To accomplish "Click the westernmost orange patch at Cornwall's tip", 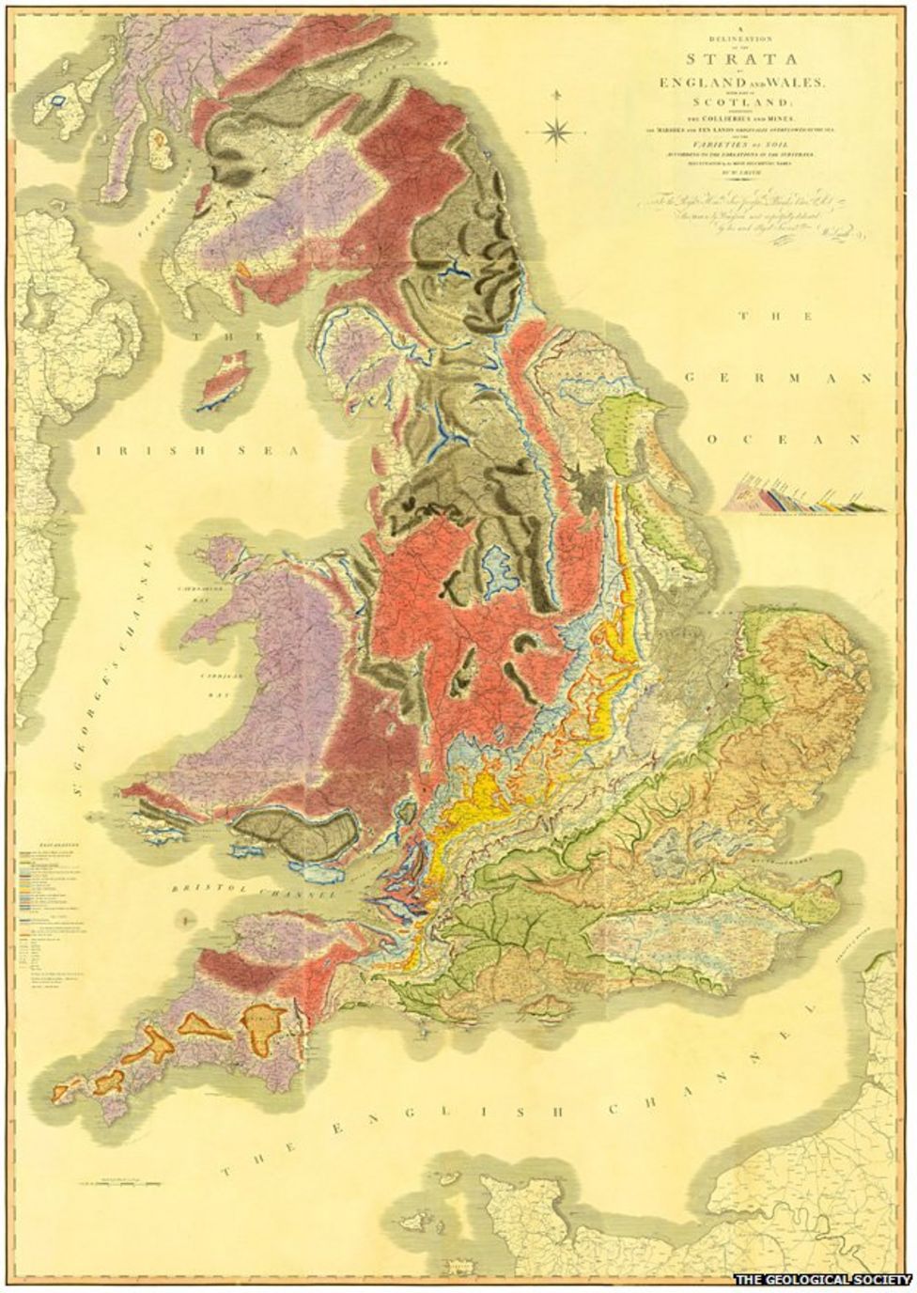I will pyautogui.click(x=64, y=1091).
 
